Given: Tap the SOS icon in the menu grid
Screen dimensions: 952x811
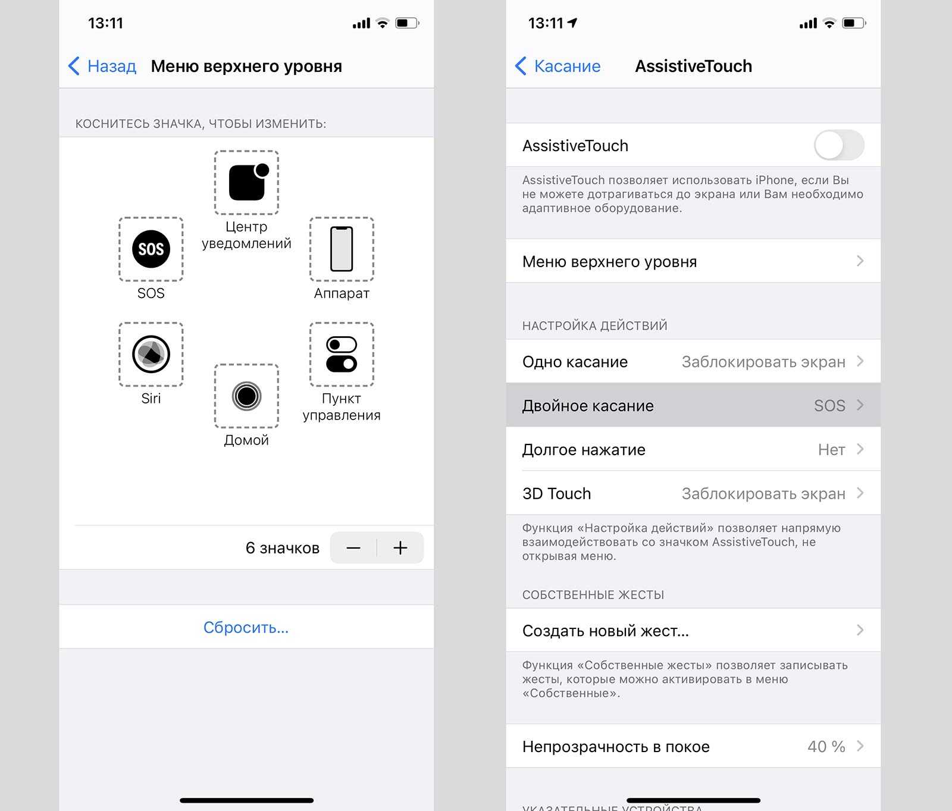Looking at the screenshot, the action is click(x=151, y=249).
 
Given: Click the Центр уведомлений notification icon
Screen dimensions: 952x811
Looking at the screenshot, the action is click(x=247, y=182).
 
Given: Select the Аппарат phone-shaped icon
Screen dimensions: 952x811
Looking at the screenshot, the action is click(x=342, y=249).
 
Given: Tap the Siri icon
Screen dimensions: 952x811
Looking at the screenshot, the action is click(x=151, y=354).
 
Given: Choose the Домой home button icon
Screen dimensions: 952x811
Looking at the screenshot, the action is click(x=246, y=396).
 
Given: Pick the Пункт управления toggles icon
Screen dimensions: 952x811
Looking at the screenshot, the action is click(x=342, y=354).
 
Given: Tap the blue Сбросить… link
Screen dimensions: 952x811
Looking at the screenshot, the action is click(x=246, y=627).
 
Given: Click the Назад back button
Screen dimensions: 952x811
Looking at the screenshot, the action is click(x=102, y=66).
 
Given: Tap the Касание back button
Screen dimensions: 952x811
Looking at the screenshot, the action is click(x=558, y=66).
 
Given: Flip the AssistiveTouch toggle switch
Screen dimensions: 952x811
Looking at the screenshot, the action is click(x=839, y=145).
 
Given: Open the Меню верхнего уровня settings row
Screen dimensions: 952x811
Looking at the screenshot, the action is click(x=693, y=261).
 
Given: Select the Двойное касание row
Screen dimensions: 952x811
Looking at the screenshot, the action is click(x=693, y=405).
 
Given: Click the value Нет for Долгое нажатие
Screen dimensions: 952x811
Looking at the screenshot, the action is click(x=831, y=450).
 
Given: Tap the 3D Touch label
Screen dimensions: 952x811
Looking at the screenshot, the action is click(x=556, y=494).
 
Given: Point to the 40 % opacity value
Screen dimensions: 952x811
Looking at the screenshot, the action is click(x=826, y=747).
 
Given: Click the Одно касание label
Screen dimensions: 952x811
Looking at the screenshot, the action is click(x=575, y=362).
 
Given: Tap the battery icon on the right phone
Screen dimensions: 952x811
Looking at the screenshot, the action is click(x=854, y=23).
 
